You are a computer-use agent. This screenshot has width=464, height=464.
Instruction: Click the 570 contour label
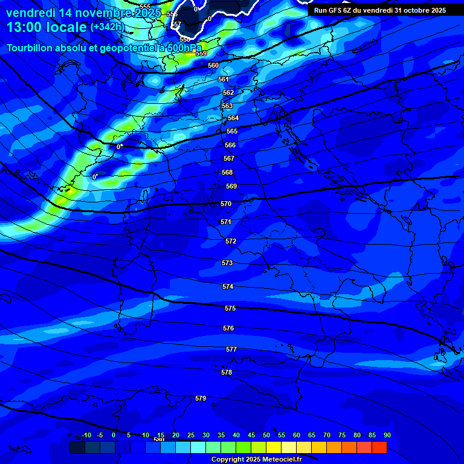[226, 204]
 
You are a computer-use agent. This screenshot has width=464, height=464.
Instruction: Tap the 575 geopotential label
[230, 309]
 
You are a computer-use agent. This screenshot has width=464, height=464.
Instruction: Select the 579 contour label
[201, 398]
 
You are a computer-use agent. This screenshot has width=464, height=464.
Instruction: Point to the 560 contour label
[213, 65]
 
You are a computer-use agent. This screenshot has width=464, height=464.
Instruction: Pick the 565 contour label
[232, 131]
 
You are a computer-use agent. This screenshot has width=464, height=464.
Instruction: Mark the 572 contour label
[231, 242]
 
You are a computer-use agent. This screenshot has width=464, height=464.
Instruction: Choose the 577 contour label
[231, 350]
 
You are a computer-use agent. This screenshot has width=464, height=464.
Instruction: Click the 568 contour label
[227, 172]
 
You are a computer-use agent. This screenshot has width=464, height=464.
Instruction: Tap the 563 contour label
[227, 106]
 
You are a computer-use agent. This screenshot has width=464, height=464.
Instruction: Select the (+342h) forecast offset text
[107, 27]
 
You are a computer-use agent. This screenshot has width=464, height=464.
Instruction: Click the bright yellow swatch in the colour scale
[274, 448]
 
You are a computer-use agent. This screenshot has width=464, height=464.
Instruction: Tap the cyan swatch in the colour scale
[198, 448]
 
